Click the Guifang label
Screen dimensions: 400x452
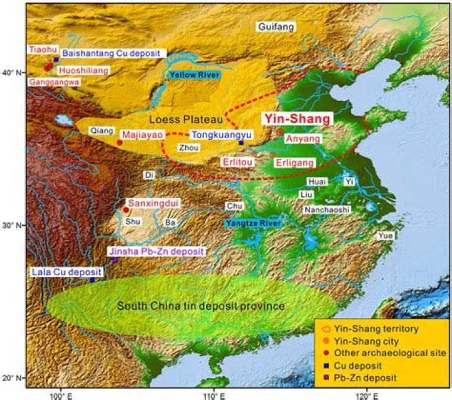pyautogui.click(x=276, y=26)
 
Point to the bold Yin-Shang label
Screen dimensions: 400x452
pyautogui.click(x=297, y=118)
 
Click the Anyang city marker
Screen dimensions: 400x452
pyautogui.click(x=280, y=132)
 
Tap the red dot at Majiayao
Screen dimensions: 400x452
pyautogui.click(x=120, y=142)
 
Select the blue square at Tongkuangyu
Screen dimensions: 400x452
pyautogui.click(x=241, y=142)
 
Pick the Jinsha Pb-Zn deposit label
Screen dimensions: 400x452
pyautogui.click(x=156, y=251)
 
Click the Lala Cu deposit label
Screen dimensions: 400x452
pyautogui.click(x=60, y=272)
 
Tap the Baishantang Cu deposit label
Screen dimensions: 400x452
pyautogui.click(x=111, y=54)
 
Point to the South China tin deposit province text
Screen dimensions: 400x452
pyautogui.click(x=201, y=306)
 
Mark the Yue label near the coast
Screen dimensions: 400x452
pyautogui.click(x=384, y=236)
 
